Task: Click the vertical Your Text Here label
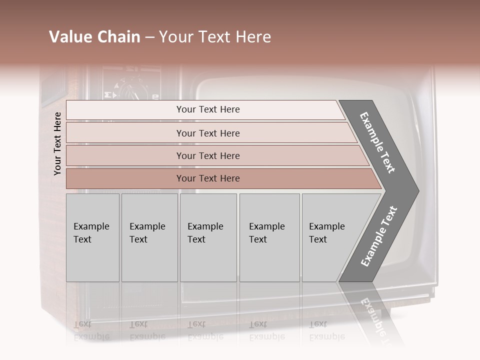click(x=57, y=143)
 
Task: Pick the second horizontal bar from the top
click(x=210, y=133)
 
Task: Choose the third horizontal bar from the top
click(x=215, y=155)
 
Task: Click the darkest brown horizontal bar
click(x=220, y=178)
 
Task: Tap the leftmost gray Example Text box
click(x=92, y=237)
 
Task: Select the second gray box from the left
click(x=149, y=237)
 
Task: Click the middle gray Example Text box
click(x=208, y=237)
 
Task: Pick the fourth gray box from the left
click(x=269, y=237)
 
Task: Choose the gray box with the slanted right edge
click(x=330, y=237)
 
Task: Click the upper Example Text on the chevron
click(x=378, y=142)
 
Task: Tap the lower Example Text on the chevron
click(x=379, y=236)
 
